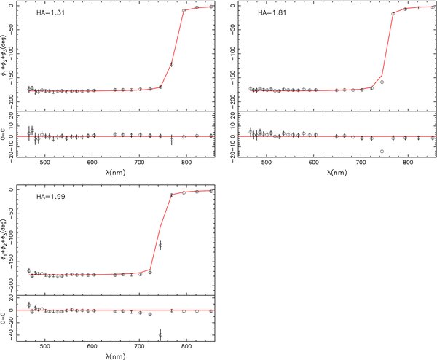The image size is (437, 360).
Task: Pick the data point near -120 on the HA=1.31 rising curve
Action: pyautogui.click(x=172, y=64)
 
